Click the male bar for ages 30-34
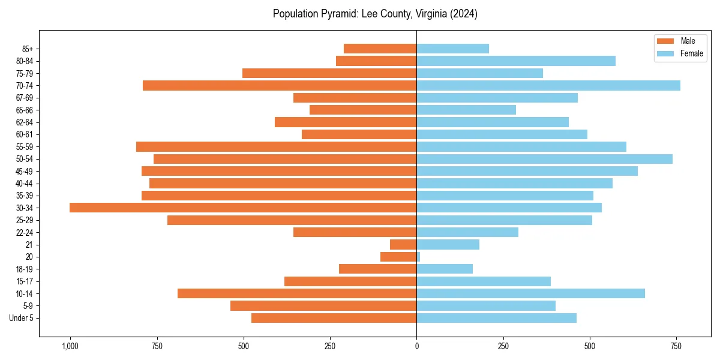[x=243, y=208]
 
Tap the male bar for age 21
[x=403, y=244]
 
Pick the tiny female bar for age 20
[x=418, y=257]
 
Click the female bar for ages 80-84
[x=516, y=61]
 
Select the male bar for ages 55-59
[x=276, y=146]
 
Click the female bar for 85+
[x=452, y=49]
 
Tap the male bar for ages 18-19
[x=377, y=269]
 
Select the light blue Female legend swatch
[x=666, y=53]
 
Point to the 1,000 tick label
[x=70, y=346]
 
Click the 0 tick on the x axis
[x=416, y=346]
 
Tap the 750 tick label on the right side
[x=676, y=346]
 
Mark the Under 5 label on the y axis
[x=22, y=318]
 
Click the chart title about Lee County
[x=375, y=14]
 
